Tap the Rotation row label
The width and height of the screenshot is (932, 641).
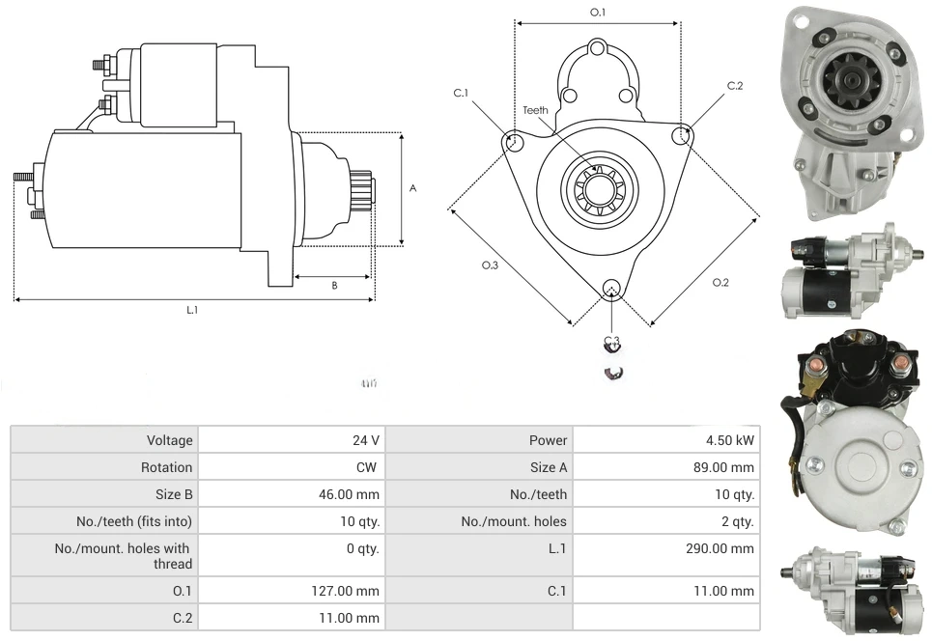click(166, 467)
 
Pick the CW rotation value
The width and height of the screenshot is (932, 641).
click(369, 467)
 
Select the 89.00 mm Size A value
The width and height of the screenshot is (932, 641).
click(723, 467)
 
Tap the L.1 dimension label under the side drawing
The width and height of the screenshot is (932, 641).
click(192, 310)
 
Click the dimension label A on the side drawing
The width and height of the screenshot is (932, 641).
click(412, 188)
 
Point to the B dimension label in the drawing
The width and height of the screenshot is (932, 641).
click(334, 285)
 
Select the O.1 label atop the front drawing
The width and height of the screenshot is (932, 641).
click(597, 13)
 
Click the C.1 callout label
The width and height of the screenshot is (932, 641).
click(461, 93)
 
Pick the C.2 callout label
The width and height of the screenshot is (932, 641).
click(735, 86)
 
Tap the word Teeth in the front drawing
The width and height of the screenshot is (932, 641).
click(535, 110)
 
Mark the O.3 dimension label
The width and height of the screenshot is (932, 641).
click(491, 266)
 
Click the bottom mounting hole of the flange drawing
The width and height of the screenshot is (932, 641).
click(610, 289)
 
